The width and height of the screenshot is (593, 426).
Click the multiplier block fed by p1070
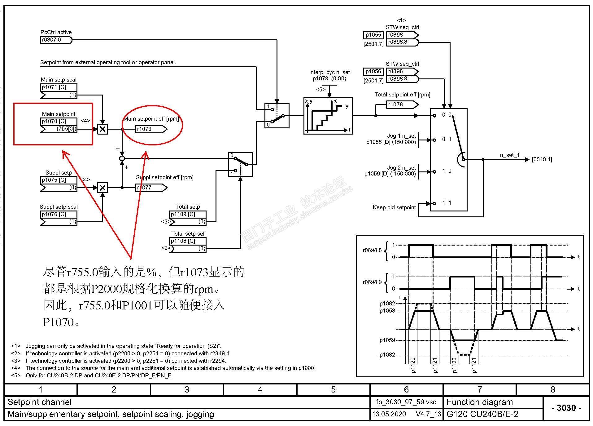pyautogui.click(x=102, y=129)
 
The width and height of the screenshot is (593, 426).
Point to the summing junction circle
pyautogui.click(x=122, y=158)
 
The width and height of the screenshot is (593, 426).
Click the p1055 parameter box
pyautogui.click(x=373, y=35)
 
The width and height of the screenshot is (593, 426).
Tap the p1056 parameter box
pyautogui.click(x=373, y=72)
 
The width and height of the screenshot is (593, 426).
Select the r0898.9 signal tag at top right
pyautogui.click(x=402, y=79)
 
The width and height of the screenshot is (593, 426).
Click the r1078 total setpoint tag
pyautogui.click(x=402, y=105)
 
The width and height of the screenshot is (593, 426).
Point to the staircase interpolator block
pyautogui.click(x=328, y=116)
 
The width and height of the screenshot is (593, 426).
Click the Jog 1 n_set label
pyautogui.click(x=401, y=136)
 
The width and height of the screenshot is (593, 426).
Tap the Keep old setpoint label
pyautogui.click(x=394, y=207)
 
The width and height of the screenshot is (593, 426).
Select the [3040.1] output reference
pyautogui.click(x=542, y=160)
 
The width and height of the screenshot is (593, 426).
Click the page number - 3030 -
pyautogui.click(x=566, y=408)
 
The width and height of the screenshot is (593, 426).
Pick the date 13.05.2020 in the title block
pyautogui.click(x=389, y=414)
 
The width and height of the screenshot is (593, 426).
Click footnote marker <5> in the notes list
pyautogui.click(x=16, y=375)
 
